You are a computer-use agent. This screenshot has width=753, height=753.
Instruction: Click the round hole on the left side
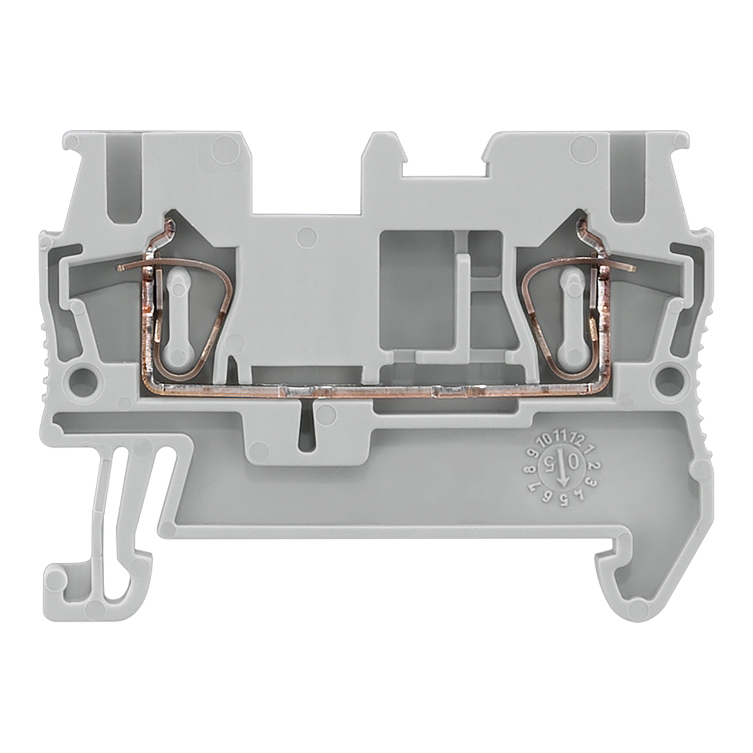tap(82, 377)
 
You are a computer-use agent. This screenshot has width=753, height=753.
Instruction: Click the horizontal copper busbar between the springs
tap(376, 393)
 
